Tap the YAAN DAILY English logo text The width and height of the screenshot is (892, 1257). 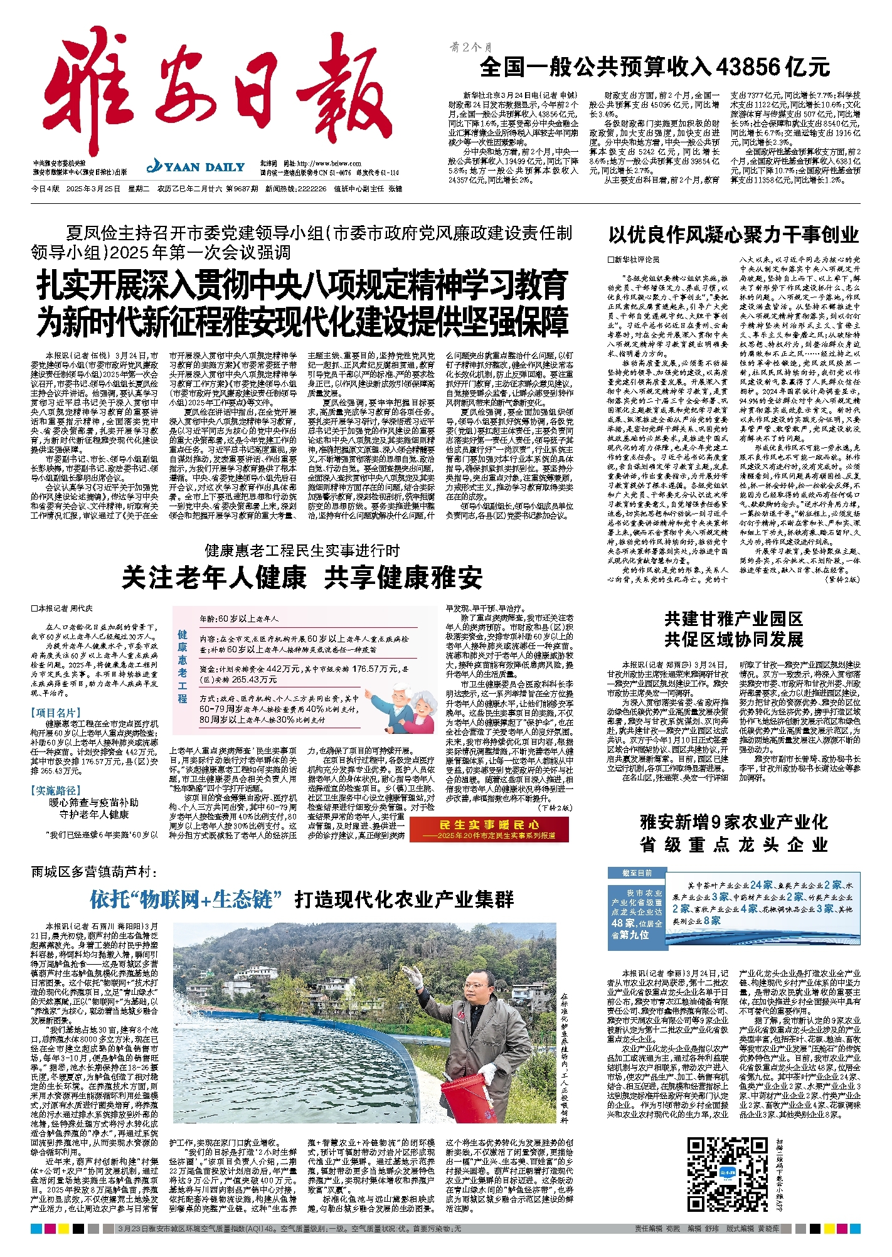[x=196, y=167]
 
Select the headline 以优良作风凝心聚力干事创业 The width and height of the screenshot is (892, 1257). [x=733, y=235]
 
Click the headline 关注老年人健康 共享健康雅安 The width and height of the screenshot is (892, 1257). [x=302, y=578]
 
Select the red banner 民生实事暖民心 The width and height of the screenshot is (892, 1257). [x=489, y=829]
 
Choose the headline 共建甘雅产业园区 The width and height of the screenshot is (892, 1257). [x=733, y=619]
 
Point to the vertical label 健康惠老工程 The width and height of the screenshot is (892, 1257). [x=182, y=667]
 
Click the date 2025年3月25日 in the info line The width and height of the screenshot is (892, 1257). [x=92, y=189]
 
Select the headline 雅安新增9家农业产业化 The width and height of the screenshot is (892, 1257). [x=733, y=822]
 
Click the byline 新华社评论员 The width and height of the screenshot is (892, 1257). [x=634, y=260]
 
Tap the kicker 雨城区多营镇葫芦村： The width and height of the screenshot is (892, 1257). [x=93, y=872]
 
